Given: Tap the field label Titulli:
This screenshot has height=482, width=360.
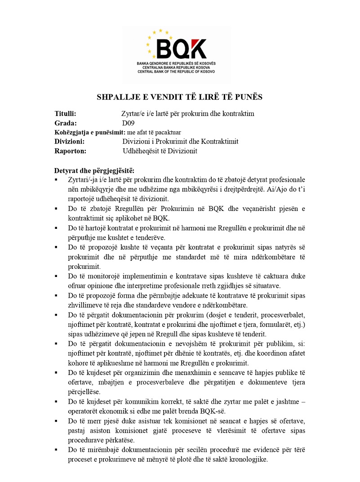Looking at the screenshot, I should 65,114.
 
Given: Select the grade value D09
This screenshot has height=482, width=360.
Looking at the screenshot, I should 128,123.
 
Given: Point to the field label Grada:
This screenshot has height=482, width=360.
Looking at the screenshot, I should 66,123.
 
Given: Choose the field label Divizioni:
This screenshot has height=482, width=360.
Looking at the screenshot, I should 69,142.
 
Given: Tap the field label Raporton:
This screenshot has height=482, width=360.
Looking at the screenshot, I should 70,151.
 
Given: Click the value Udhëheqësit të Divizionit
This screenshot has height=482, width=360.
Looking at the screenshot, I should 160,151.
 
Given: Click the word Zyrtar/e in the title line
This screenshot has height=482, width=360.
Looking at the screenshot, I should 134,114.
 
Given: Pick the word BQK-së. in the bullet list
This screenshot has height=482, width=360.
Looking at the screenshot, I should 213,411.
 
